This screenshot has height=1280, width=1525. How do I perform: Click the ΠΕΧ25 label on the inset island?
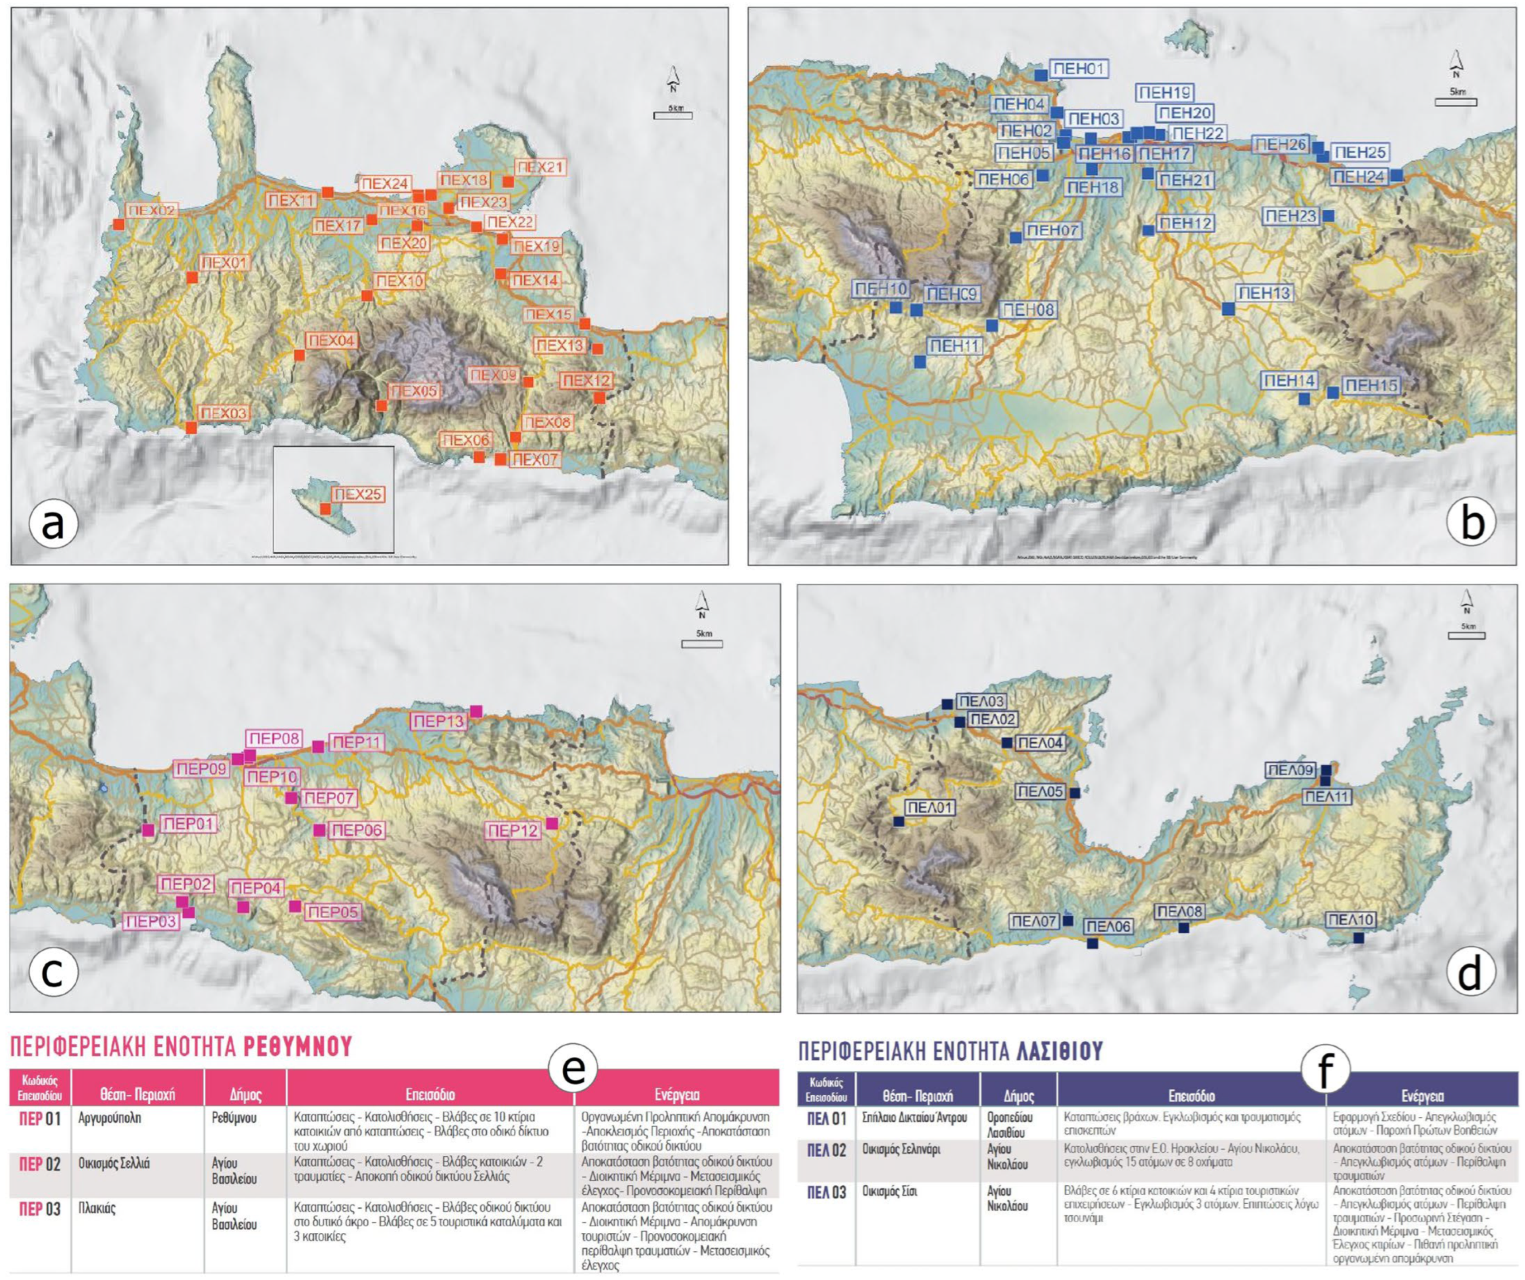click(358, 495)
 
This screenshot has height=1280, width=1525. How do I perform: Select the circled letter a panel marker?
click(52, 524)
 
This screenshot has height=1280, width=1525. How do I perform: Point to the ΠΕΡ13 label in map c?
click(437, 721)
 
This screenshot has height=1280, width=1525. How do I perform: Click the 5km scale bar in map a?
click(672, 113)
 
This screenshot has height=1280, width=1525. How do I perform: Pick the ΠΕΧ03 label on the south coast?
click(223, 414)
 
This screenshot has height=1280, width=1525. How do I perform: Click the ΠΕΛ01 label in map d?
click(929, 807)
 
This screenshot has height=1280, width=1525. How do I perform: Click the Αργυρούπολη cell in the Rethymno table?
click(110, 1118)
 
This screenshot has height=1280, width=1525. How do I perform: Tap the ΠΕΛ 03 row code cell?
click(827, 1193)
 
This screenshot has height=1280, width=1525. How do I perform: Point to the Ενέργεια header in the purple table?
click(1421, 1096)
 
